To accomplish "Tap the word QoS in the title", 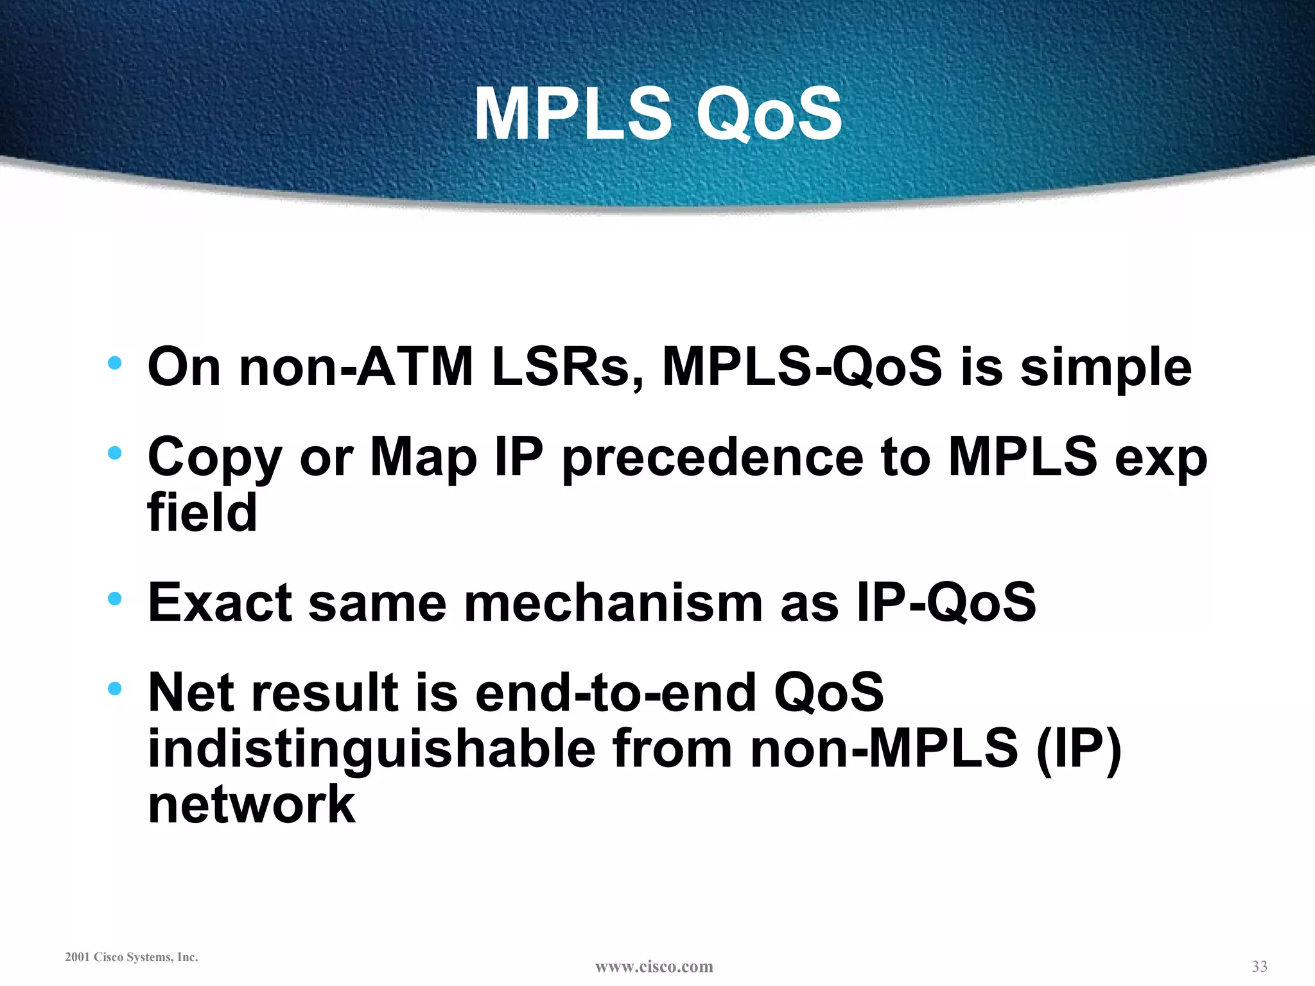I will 769,114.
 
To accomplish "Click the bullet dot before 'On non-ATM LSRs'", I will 115,363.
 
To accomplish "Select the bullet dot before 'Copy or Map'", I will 115,453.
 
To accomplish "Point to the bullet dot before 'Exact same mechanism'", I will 115,599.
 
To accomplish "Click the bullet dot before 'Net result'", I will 115,689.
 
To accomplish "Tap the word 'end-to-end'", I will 616,693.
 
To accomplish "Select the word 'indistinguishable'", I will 372,749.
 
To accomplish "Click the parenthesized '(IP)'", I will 1079,749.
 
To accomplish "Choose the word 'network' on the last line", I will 251,805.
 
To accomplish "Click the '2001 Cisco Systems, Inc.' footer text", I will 132,957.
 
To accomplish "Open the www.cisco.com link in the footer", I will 654,967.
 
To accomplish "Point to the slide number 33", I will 1259,966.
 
